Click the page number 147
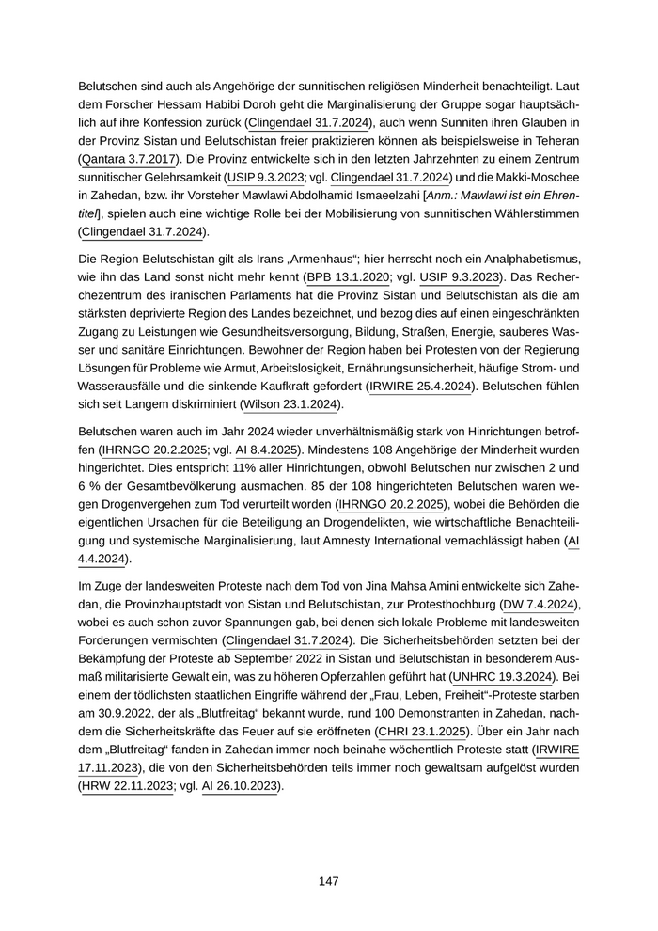(328, 881)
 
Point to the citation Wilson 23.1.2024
(291, 405)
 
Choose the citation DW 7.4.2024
(535, 603)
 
